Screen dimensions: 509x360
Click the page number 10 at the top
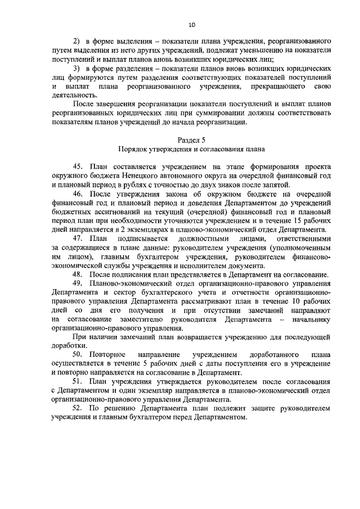tap(191, 25)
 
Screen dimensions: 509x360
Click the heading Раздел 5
tap(191, 140)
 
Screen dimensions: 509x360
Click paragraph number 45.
tap(78, 167)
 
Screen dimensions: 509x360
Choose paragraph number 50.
tap(78, 355)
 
